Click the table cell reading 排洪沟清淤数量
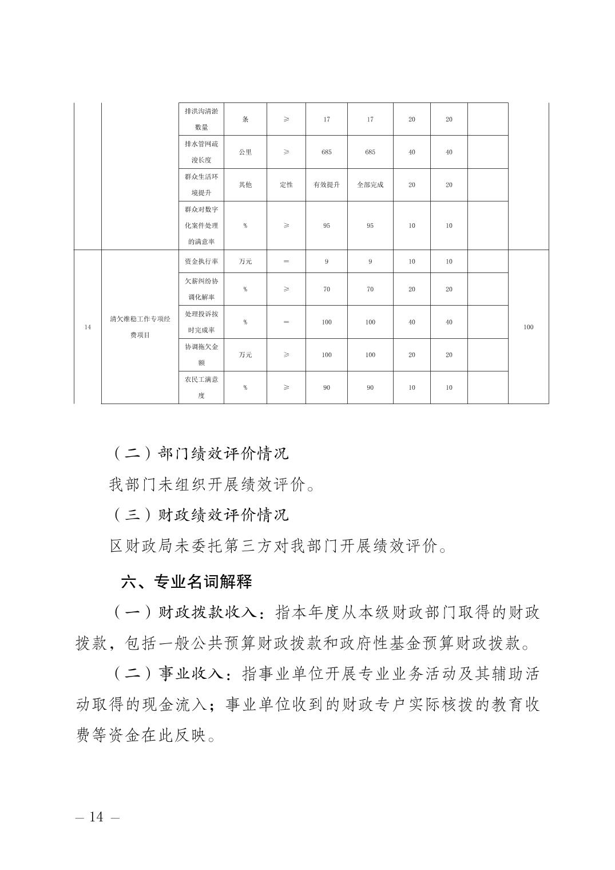[x=201, y=119]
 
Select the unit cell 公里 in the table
[x=245, y=152]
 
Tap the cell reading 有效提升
[x=326, y=185]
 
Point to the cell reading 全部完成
[x=370, y=185]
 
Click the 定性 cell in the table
[x=286, y=185]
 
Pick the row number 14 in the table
[x=88, y=327]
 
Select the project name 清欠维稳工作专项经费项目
[x=140, y=327]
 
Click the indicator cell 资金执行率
[x=201, y=262]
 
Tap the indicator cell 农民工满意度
[x=201, y=387]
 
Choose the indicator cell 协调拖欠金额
[x=201, y=355]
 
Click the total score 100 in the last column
[x=528, y=327]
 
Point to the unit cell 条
[x=245, y=120]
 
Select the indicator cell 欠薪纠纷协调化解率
[x=201, y=289]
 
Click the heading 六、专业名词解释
[x=187, y=582]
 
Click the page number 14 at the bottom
[x=97, y=817]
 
